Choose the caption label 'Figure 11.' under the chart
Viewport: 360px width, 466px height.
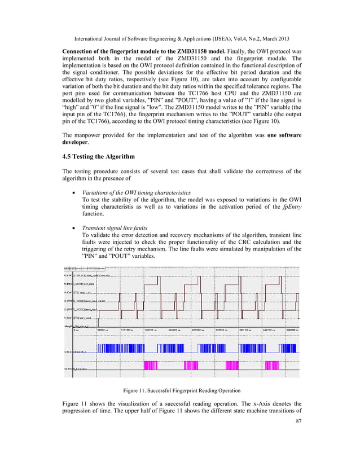(x=136, y=389)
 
